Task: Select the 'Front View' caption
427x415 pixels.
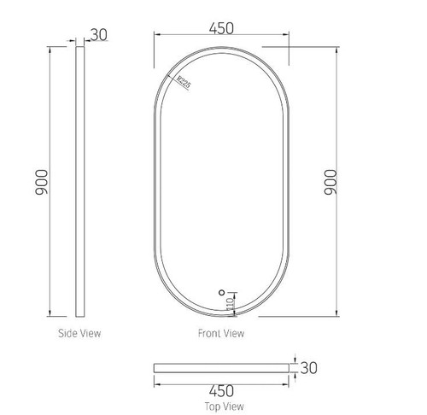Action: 220,333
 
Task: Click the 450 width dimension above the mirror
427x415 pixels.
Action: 220,26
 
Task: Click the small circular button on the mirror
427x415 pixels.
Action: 220,290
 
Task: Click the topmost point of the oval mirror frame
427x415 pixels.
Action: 220,46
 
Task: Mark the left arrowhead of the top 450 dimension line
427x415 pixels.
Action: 155,36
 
